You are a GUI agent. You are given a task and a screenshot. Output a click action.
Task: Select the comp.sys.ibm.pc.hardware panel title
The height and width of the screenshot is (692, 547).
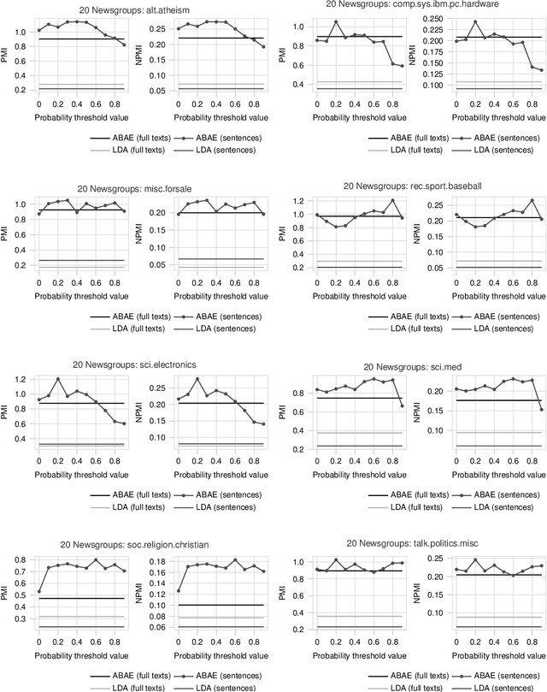414,4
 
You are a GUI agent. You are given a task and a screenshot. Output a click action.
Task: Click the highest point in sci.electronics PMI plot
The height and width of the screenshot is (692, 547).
58,379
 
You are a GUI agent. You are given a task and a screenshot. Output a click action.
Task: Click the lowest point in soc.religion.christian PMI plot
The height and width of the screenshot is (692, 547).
38,591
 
